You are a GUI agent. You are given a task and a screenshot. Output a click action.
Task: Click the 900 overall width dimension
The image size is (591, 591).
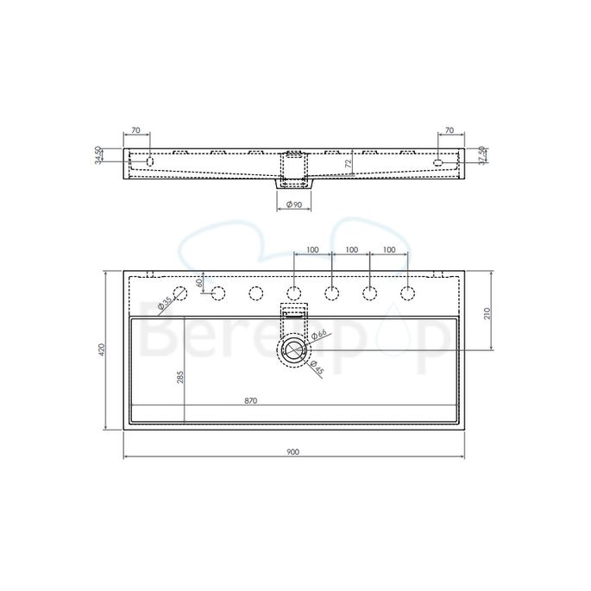294,451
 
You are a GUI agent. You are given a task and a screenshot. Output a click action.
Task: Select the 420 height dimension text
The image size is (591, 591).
101,349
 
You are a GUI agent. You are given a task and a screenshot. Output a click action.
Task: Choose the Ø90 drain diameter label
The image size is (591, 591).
295,204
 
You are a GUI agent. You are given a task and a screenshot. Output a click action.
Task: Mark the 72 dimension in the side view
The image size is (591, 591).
348,162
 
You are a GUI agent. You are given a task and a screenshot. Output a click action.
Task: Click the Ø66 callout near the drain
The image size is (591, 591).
318,335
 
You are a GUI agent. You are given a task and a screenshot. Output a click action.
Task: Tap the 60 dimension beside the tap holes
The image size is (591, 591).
199,282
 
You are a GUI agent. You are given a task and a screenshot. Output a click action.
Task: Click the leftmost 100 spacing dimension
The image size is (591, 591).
312,249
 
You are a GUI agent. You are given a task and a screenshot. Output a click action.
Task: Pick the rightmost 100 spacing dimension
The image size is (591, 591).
388,249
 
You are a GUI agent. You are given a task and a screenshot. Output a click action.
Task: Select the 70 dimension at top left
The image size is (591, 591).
135,130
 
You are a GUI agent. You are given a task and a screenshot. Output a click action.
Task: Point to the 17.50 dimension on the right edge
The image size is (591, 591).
481,155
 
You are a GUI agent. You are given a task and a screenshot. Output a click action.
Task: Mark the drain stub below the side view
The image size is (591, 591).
294,183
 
